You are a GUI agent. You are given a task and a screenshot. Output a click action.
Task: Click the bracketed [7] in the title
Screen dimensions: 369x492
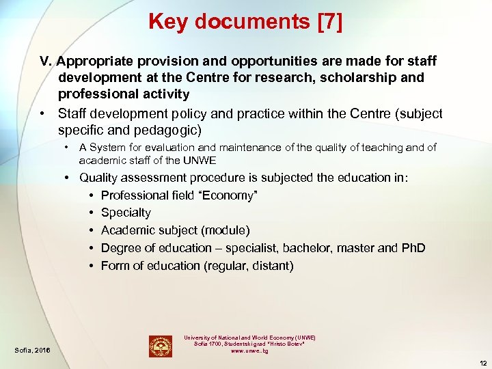coord(330,22)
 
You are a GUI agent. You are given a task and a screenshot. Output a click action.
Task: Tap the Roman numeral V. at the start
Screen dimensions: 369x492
coord(46,61)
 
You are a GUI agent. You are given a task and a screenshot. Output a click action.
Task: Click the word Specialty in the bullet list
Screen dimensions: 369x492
coord(126,213)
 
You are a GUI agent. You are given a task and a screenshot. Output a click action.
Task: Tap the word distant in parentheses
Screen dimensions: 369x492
coord(271,265)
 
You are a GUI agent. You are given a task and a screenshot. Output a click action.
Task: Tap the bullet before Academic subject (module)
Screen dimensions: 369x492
coord(91,230)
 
